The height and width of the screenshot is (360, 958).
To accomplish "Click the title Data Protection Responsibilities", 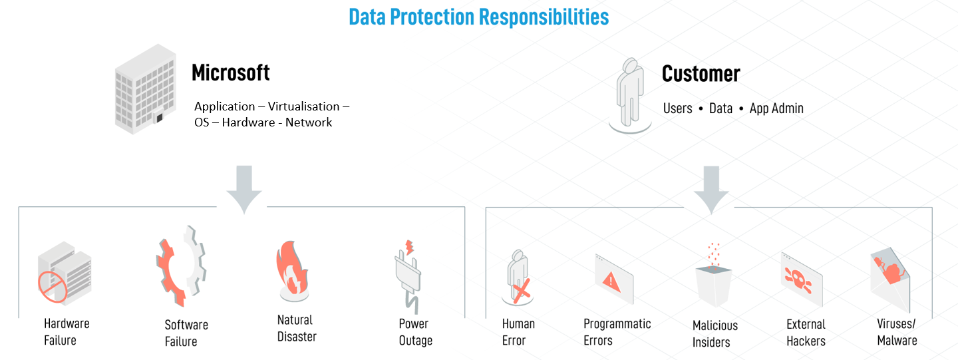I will point(479,17).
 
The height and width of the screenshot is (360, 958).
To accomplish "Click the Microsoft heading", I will point(231,72).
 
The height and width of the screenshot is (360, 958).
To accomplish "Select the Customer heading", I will point(701,73).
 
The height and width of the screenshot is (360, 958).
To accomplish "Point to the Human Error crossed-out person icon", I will point(518,276).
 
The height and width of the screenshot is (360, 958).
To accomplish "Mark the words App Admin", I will point(776,108).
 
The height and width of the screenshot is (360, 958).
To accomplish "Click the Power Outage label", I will point(415,332).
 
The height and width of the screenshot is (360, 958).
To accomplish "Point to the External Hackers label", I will point(806,333).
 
